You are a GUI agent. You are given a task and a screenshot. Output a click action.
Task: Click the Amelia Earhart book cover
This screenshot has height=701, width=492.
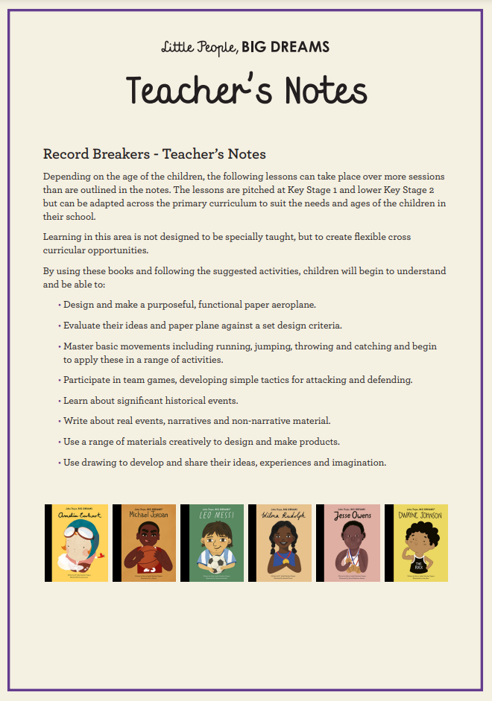(77, 543)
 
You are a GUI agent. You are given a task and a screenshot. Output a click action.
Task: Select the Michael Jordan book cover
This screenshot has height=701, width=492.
(145, 543)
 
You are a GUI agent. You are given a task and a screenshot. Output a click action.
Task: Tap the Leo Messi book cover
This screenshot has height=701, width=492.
(212, 543)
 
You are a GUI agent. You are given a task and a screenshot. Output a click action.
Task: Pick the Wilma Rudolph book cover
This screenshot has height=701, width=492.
(280, 543)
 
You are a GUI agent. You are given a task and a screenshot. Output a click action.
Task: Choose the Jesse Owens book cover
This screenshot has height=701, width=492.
(347, 543)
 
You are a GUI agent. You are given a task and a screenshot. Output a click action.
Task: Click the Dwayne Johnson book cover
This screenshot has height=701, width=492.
(416, 543)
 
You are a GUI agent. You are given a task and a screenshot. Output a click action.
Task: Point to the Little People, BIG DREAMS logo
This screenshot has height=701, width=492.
(245, 48)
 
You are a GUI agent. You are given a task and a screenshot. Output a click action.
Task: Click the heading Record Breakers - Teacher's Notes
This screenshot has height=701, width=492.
(154, 154)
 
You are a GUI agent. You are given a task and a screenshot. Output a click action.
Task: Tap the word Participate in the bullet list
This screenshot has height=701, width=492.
(88, 380)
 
